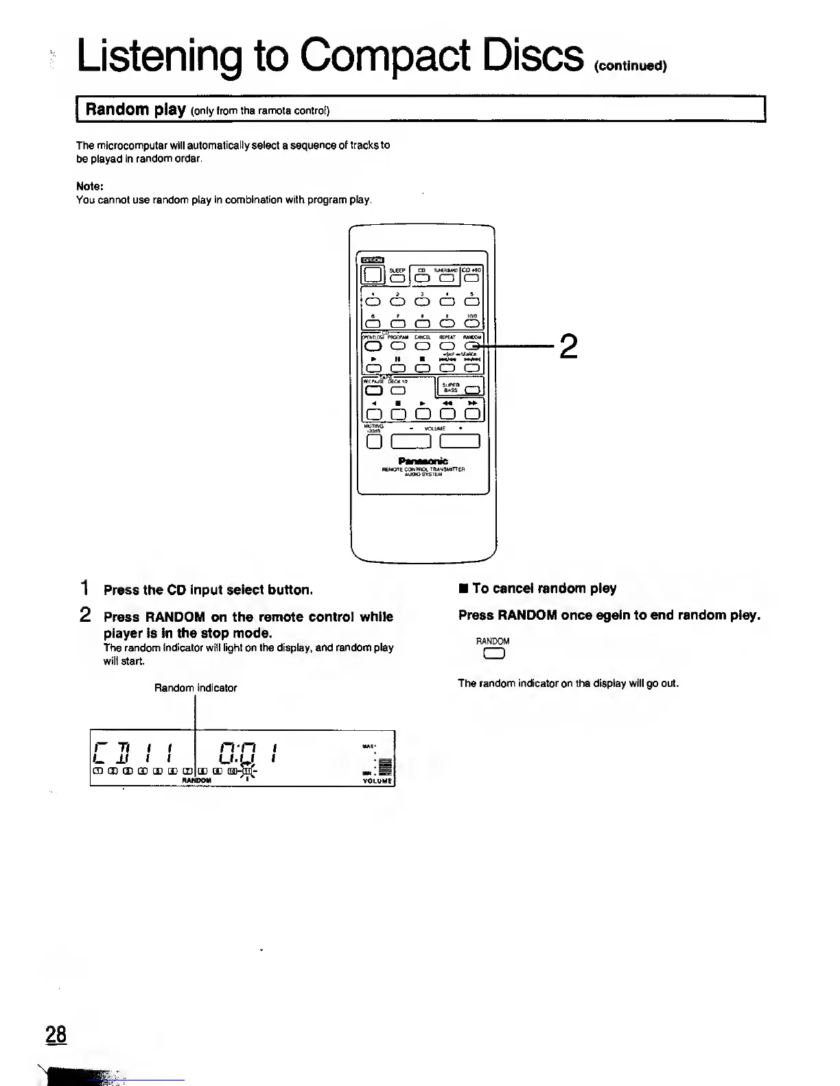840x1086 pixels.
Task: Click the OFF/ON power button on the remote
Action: (373, 275)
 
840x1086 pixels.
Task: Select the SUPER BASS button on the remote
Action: (472, 391)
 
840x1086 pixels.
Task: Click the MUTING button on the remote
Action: (374, 442)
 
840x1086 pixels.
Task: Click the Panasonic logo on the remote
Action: (423, 461)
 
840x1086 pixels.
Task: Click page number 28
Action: (56, 1034)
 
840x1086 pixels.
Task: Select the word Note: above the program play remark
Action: (89, 186)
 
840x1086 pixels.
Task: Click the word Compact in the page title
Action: (387, 55)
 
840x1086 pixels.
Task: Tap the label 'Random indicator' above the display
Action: (196, 688)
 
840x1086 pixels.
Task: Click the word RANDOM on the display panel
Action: (197, 780)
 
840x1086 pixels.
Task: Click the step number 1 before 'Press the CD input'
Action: (84, 588)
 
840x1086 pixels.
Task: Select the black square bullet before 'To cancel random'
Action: (464, 589)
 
